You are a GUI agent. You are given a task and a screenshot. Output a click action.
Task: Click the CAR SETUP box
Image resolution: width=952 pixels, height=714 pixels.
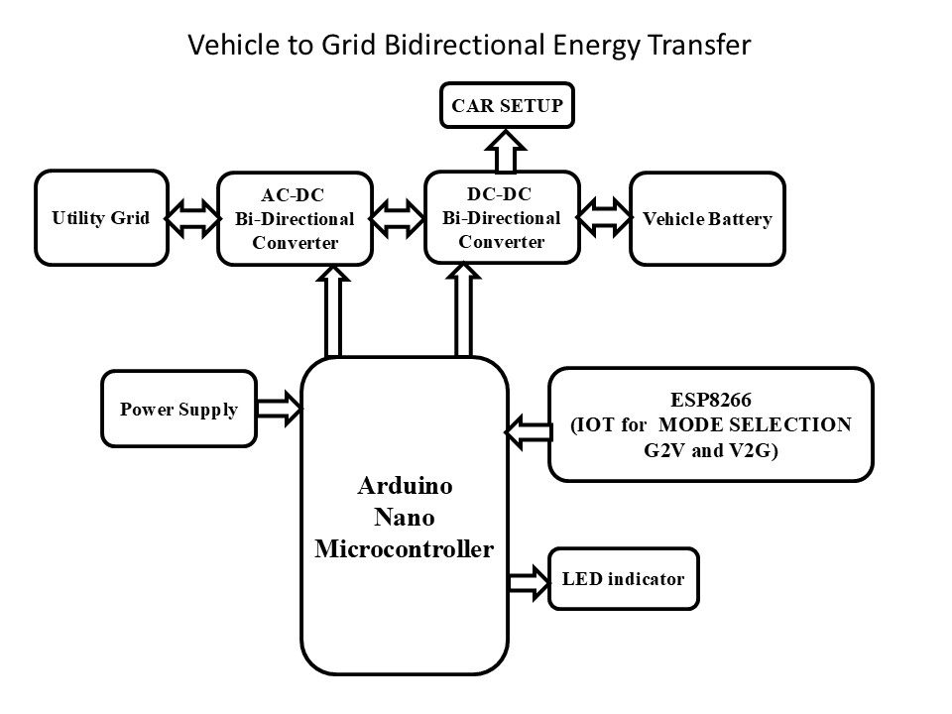click(508, 105)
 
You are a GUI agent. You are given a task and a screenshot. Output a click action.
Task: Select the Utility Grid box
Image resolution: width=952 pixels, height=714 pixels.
click(101, 218)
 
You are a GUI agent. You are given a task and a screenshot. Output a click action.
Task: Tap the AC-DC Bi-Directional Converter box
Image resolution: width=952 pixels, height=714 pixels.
click(295, 219)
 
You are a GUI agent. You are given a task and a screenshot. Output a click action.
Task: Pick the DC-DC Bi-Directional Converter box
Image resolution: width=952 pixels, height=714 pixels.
click(501, 217)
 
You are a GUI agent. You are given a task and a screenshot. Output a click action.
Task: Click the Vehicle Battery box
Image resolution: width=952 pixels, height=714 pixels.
click(707, 219)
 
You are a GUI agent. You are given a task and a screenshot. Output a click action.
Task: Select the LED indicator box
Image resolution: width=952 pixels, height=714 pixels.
click(624, 577)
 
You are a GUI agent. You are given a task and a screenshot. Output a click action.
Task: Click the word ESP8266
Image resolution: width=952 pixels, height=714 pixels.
click(710, 401)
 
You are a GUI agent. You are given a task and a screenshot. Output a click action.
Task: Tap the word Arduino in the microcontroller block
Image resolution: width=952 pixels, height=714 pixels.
click(404, 487)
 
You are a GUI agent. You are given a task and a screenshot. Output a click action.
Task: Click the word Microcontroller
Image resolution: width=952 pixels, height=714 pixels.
click(404, 548)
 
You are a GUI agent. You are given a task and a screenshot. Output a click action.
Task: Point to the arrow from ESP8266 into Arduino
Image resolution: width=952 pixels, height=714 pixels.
click(528, 430)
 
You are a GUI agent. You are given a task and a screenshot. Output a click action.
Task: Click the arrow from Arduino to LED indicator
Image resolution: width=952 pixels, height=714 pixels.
click(528, 578)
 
